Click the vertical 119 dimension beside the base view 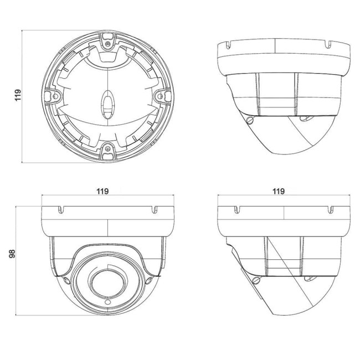coord(18,95)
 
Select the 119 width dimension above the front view coord(102,191)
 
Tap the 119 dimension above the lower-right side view coord(279,191)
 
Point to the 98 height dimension coord(12,254)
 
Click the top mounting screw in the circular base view coord(107,44)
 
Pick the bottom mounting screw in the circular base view coord(107,148)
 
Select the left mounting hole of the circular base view coord(55,96)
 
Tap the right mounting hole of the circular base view coord(161,96)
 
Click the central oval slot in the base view coord(107,105)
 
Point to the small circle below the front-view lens coord(107,302)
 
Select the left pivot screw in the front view coord(66,280)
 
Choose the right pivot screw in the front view coord(149,280)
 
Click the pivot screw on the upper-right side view coord(250,120)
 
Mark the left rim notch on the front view coord(60,210)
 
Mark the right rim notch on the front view coord(155,210)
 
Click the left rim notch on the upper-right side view coord(228,45)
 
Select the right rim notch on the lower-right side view coord(331,210)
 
